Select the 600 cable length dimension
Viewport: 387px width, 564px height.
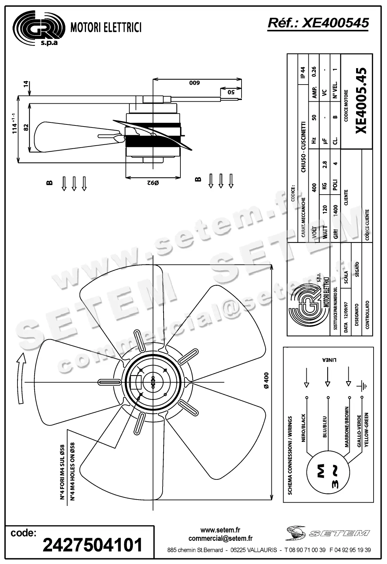pos(194,83)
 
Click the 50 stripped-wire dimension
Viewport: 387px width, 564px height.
pos(231,92)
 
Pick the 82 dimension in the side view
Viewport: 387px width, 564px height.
pos(26,127)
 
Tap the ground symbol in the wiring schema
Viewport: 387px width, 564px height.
pos(363,386)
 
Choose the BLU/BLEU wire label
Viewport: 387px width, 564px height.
pos(325,427)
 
